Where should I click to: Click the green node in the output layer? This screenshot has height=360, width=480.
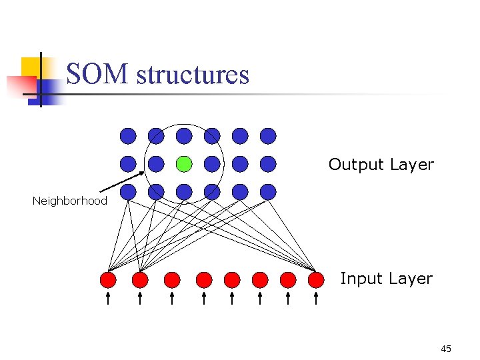pyautogui.click(x=184, y=163)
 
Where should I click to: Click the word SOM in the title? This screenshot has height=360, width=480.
pyautogui.click(x=98, y=74)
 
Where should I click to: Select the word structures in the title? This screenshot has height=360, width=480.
pyautogui.click(x=192, y=74)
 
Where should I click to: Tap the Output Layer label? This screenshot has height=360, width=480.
pyautogui.click(x=381, y=165)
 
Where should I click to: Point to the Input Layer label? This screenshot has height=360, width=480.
pyautogui.click(x=386, y=279)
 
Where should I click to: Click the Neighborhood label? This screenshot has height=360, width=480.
pyautogui.click(x=69, y=201)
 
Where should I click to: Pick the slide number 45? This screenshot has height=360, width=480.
pyautogui.click(x=446, y=349)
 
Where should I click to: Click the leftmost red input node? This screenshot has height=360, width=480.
pyautogui.click(x=108, y=279)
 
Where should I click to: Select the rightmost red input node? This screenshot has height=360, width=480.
pyautogui.click(x=316, y=279)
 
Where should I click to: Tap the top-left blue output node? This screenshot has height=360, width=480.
pyautogui.click(x=128, y=136)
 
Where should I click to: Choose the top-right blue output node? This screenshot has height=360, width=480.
pyautogui.click(x=268, y=136)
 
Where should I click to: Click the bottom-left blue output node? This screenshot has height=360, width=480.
pyautogui.click(x=128, y=192)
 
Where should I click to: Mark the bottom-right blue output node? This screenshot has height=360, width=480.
pyautogui.click(x=268, y=192)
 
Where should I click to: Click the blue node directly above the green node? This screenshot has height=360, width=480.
pyautogui.click(x=184, y=136)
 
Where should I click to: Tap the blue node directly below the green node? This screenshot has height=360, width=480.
pyautogui.click(x=184, y=192)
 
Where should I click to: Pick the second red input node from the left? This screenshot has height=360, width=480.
pyautogui.click(x=140, y=279)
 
